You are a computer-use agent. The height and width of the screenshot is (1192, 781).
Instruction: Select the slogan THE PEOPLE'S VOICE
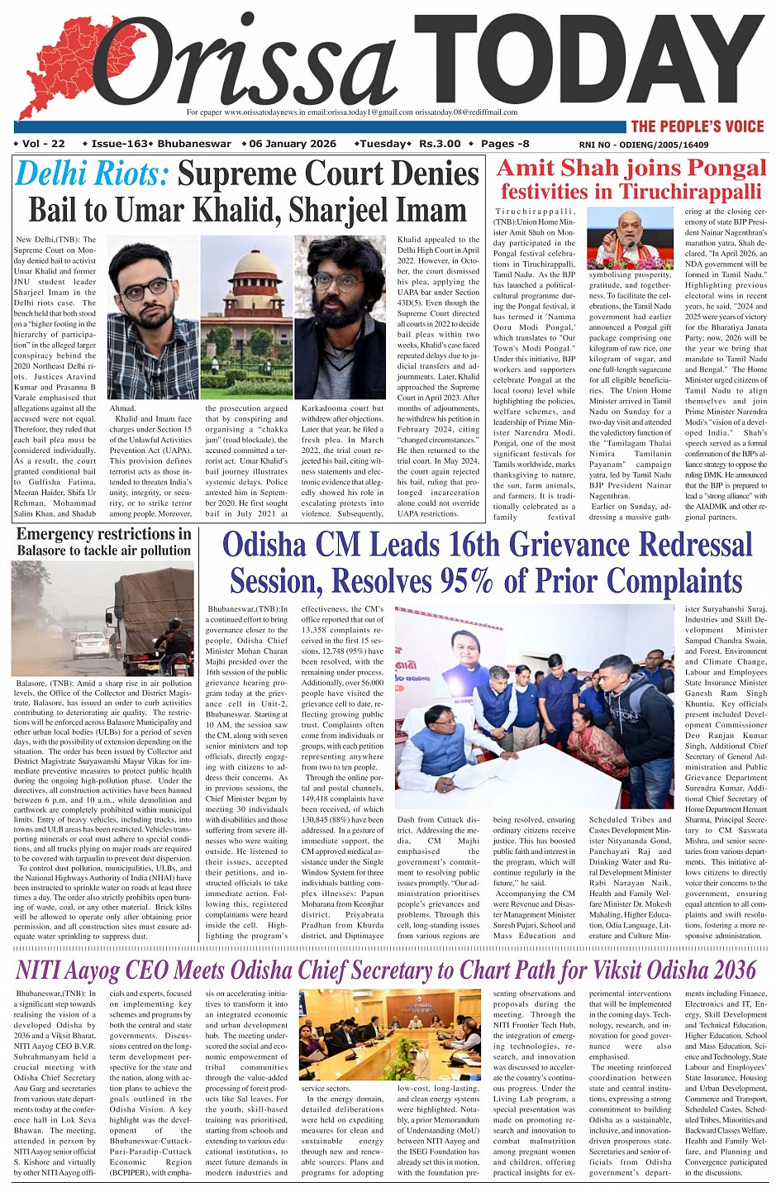(x=698, y=126)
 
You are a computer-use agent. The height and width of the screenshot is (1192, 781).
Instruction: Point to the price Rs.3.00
(x=439, y=144)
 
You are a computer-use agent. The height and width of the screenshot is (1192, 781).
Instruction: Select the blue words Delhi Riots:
(x=92, y=175)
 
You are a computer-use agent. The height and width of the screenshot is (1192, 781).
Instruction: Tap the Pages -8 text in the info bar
(x=505, y=144)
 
